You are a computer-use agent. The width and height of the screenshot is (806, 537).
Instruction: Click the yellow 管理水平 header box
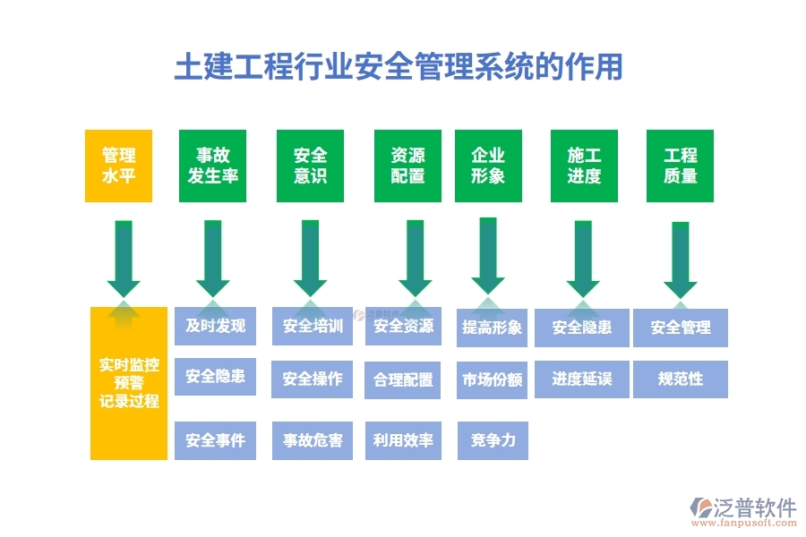click(118, 166)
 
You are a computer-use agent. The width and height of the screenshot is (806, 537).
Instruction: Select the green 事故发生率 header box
click(213, 166)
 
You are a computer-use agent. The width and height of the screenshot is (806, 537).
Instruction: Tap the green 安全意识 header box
click(310, 166)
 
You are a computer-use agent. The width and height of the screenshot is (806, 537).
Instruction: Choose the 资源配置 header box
click(407, 166)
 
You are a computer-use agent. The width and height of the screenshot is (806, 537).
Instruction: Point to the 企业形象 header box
click(488, 166)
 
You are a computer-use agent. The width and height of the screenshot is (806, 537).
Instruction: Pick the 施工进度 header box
click(584, 166)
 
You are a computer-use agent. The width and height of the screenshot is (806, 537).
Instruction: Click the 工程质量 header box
click(681, 166)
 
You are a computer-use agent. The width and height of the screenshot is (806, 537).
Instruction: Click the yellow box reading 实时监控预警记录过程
click(129, 383)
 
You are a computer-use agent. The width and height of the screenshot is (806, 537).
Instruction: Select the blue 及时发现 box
click(215, 326)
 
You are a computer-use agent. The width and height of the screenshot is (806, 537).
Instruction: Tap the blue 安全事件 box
click(215, 440)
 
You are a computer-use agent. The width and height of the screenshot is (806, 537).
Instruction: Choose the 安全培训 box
click(313, 326)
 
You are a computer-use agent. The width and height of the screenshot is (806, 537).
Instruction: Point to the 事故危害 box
click(313, 440)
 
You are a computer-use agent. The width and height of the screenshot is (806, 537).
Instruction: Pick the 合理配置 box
click(403, 379)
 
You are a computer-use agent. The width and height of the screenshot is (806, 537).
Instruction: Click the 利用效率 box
click(403, 440)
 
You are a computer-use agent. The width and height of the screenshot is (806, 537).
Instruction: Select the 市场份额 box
click(493, 379)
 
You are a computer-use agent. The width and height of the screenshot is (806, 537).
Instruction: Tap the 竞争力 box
click(493, 440)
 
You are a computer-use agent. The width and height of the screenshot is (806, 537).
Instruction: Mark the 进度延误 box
click(582, 379)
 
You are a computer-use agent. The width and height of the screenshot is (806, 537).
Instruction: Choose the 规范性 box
click(681, 379)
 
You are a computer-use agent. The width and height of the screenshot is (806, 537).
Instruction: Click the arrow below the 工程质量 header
click(681, 260)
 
